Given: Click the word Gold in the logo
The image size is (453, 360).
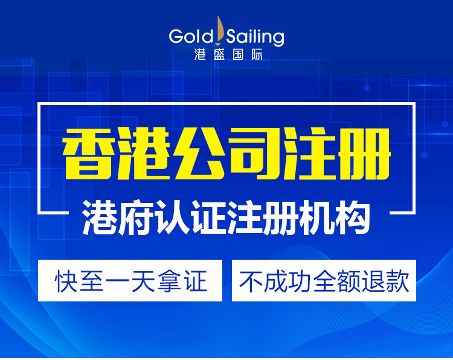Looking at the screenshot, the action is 191,36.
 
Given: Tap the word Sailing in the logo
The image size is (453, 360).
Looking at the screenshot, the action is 255,37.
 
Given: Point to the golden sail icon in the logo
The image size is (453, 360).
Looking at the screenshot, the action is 220,30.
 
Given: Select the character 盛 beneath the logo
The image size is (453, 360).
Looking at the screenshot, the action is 219,54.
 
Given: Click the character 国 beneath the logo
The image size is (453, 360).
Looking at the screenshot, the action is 239,54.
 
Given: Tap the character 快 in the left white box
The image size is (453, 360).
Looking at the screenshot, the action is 66,281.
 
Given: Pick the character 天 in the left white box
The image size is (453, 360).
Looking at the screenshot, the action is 143,281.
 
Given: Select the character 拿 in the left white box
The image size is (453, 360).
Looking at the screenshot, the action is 169,281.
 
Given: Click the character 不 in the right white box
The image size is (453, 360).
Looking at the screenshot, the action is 250,281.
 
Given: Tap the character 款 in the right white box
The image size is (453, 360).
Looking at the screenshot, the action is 398,281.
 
